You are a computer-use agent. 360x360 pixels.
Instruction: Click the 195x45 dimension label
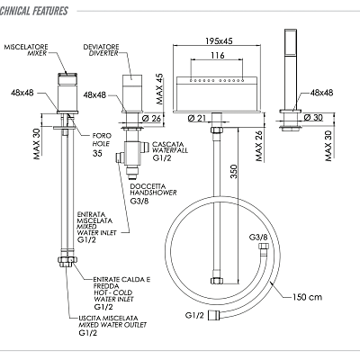pyautogui.click(x=219, y=40)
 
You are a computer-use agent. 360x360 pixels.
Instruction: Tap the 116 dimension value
pyautogui.click(x=218, y=55)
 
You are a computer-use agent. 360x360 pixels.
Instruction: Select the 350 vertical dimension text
pyautogui.click(x=234, y=171)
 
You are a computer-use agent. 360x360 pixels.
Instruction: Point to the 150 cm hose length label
pyautogui.click(x=307, y=297)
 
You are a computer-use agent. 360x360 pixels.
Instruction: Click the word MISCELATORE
pyautogui.click(x=26, y=47)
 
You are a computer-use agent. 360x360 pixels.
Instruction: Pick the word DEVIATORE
pyautogui.click(x=101, y=47)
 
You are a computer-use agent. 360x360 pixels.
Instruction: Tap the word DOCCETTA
pyautogui.click(x=148, y=186)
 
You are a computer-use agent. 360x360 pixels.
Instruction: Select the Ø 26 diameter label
pyautogui.click(x=151, y=119)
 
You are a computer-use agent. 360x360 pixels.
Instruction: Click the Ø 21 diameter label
pyautogui.click(x=197, y=118)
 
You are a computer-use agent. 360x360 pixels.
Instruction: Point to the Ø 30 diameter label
pyautogui.click(x=313, y=117)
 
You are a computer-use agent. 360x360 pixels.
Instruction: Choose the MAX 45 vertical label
pyautogui.click(x=159, y=89)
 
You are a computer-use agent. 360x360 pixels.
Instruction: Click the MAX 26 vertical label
pyautogui.click(x=259, y=146)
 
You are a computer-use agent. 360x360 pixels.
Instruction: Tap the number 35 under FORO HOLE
pyautogui.click(x=97, y=153)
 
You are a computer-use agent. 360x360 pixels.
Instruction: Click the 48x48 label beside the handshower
pyautogui.click(x=321, y=93)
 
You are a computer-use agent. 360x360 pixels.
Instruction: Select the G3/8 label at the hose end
pyautogui.click(x=258, y=238)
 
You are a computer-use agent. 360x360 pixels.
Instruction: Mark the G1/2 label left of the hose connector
pyautogui.click(x=194, y=315)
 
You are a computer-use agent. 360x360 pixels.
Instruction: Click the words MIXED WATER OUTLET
pyautogui.click(x=112, y=325)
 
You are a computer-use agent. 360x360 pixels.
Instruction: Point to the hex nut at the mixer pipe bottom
pyautogui.click(x=67, y=261)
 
